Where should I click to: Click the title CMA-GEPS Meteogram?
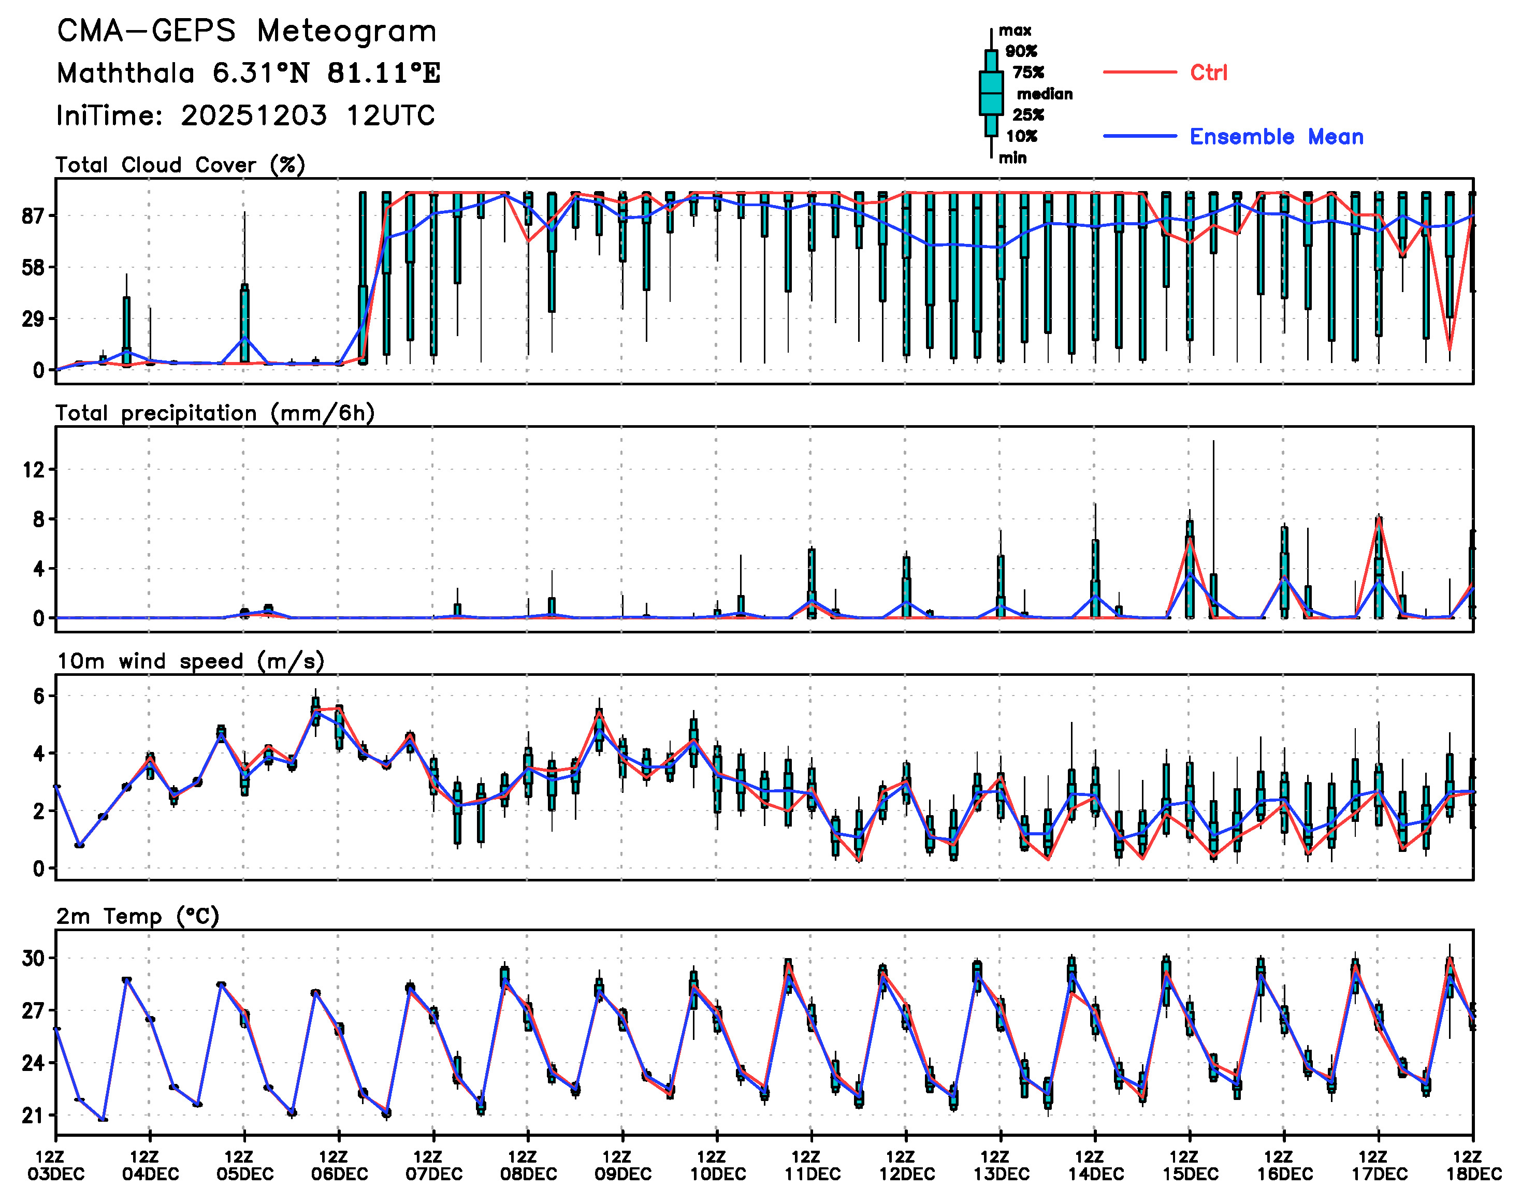click(x=247, y=32)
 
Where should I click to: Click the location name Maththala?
click(x=125, y=73)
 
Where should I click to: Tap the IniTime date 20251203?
click(x=253, y=115)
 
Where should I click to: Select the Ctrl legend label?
click(x=1209, y=73)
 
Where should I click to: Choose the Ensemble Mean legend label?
click(x=1276, y=137)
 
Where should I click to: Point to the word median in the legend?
click(x=1045, y=94)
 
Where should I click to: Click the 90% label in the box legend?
click(x=1021, y=51)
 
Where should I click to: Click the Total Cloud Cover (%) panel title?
click(x=180, y=165)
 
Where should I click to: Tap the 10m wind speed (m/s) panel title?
click(x=190, y=661)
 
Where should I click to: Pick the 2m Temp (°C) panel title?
click(x=137, y=916)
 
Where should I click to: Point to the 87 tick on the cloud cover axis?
click(x=34, y=215)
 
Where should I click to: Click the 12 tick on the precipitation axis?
click(x=34, y=469)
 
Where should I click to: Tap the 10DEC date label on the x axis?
click(x=717, y=1174)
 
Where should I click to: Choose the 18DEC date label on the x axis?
click(x=1473, y=1174)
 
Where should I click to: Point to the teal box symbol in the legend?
click(x=991, y=93)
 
